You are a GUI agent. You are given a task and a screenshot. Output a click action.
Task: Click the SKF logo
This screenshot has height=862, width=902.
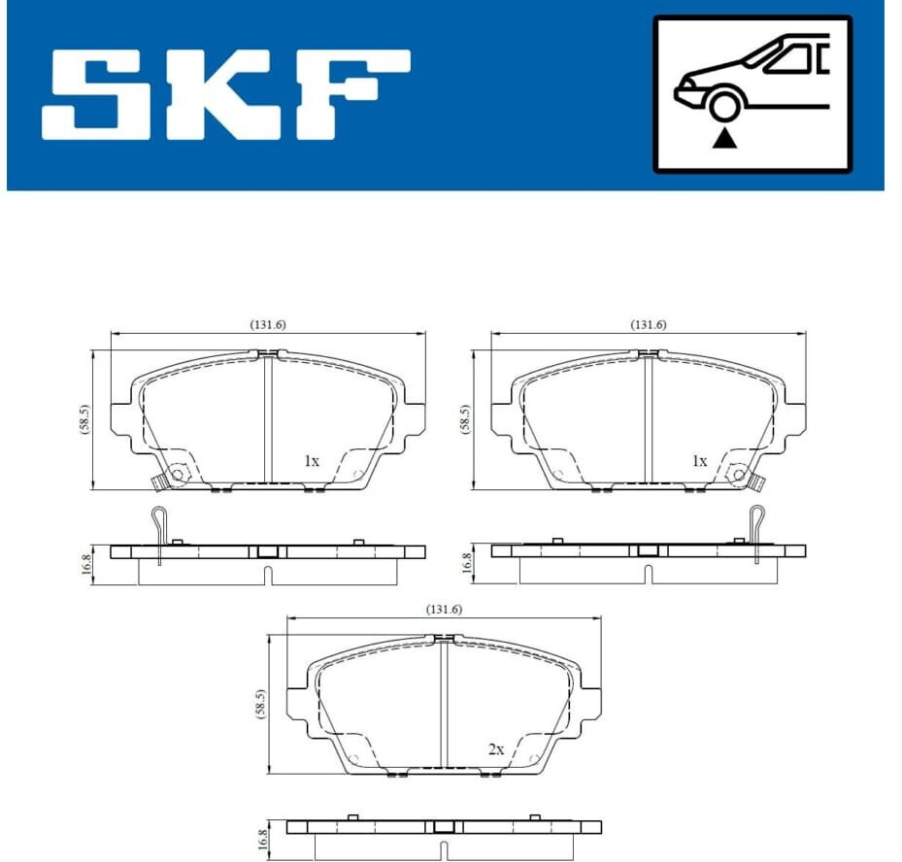coord(225,95)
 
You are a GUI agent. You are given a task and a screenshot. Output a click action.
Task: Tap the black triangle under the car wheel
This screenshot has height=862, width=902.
coord(725,139)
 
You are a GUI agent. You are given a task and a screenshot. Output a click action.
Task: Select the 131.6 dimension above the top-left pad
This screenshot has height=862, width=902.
coord(268,325)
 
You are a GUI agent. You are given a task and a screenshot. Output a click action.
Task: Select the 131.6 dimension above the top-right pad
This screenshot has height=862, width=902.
coord(649,325)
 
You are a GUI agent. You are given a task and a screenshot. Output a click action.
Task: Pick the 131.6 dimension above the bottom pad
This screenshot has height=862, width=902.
coord(444,609)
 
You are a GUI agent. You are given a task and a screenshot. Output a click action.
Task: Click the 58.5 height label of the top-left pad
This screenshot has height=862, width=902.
coord(85,419)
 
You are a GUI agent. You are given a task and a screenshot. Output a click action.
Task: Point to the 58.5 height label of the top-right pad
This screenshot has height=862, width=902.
coord(465,419)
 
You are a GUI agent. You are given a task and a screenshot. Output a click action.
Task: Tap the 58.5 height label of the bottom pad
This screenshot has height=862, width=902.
coord(261,705)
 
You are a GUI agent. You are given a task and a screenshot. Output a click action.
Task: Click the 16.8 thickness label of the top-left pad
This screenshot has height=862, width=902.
coord(86,564)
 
